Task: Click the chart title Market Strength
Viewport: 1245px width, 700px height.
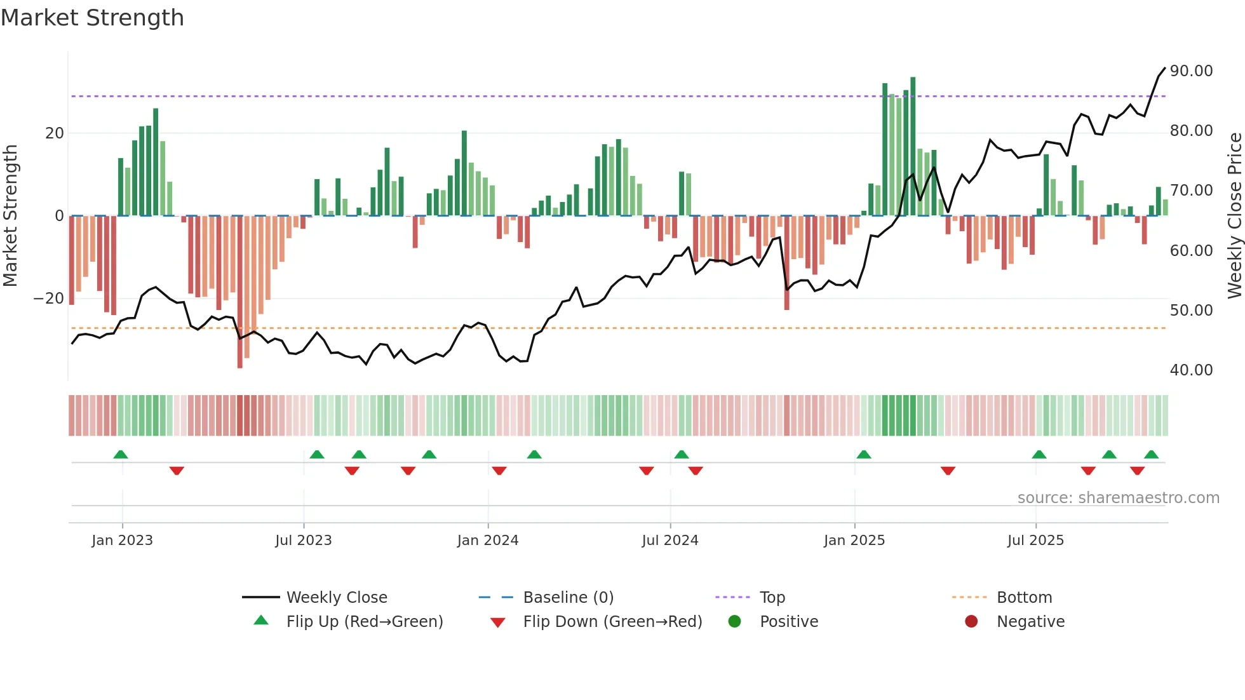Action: click(92, 18)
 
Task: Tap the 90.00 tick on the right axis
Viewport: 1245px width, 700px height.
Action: click(1191, 71)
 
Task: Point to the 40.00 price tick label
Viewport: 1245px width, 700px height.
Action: click(1191, 370)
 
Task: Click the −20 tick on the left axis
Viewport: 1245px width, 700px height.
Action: click(49, 299)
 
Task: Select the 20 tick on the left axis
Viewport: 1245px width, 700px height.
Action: click(55, 133)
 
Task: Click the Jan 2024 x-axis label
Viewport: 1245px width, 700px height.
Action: click(488, 541)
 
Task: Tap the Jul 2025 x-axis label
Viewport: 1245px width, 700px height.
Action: click(1035, 541)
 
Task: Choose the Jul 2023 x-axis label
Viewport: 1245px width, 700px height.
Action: click(304, 541)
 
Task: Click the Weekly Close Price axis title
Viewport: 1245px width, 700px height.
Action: click(1234, 216)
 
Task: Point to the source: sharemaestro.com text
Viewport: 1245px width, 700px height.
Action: click(1118, 498)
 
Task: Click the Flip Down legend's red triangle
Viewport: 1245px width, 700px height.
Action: click(498, 623)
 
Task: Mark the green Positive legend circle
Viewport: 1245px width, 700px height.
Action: click(734, 622)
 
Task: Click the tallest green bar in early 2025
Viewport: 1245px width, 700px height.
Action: click(913, 146)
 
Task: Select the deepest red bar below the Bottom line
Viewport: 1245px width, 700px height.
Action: click(239, 292)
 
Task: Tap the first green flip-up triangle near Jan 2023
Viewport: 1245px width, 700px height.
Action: click(121, 454)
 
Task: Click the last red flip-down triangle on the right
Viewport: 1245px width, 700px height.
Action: click(1137, 471)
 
